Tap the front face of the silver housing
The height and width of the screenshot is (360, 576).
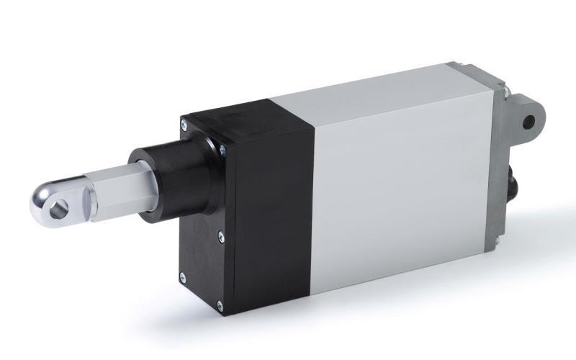coord(403,194)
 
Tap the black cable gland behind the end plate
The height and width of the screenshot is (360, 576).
coord(513,180)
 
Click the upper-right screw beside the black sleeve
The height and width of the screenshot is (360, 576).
coord(222,150)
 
